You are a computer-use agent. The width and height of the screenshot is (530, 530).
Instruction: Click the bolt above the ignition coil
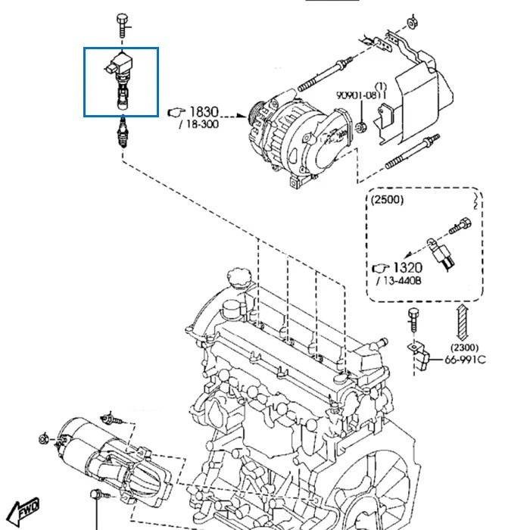click(122, 25)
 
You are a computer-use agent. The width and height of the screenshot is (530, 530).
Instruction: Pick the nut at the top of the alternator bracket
click(412, 21)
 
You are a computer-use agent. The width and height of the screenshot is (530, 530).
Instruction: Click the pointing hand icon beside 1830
click(174, 112)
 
